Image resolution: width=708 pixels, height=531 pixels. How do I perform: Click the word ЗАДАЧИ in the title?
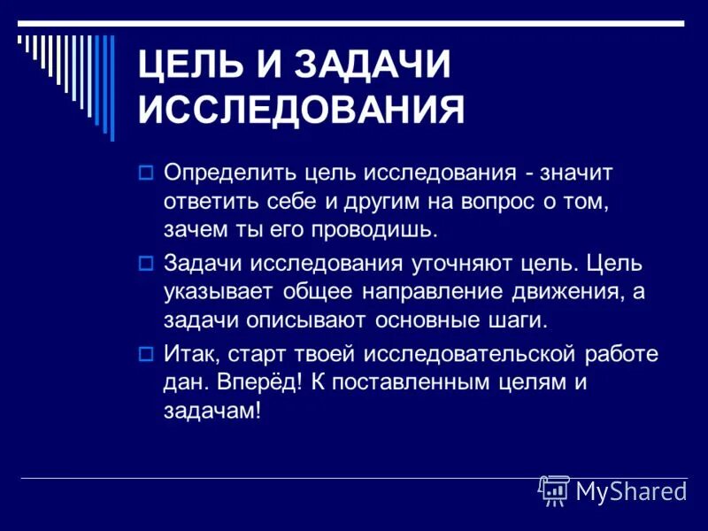click(371, 65)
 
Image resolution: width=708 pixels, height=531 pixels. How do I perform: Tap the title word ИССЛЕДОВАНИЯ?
click(302, 112)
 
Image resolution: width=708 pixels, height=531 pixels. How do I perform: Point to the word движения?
click(575, 294)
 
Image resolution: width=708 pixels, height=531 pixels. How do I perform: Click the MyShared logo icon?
click(554, 489)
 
